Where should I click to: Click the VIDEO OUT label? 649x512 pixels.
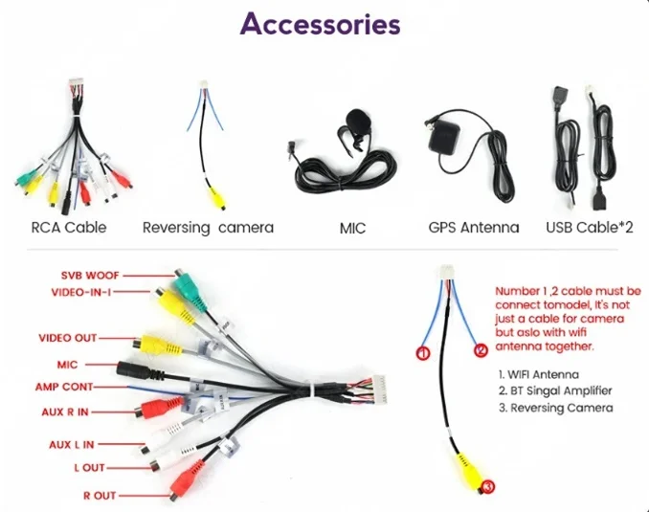tap(67, 338)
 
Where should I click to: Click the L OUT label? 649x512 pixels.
tap(89, 468)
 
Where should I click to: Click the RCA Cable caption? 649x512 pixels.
tap(68, 228)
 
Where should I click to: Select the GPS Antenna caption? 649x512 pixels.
tap(473, 228)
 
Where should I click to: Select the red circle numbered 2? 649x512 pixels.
tap(481, 350)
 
